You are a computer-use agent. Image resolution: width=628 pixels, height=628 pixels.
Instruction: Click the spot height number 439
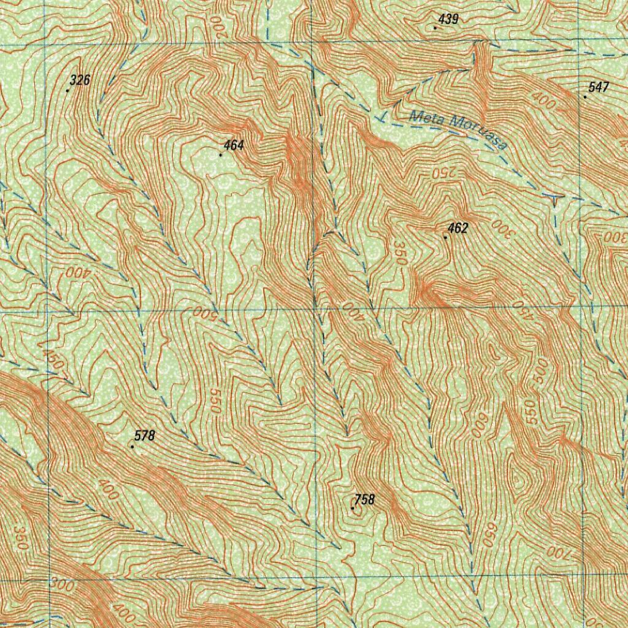coord(449,20)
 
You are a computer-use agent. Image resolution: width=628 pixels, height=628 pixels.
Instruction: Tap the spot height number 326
coord(80,80)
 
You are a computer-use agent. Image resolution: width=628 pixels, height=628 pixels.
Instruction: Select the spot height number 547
coord(598,88)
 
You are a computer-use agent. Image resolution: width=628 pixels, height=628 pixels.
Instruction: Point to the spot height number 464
coord(234,145)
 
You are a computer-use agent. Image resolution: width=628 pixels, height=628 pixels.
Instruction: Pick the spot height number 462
coord(458,229)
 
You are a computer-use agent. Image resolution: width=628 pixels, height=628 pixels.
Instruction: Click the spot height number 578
coord(145,436)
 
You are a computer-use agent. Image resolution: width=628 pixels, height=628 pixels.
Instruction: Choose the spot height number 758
coord(364,500)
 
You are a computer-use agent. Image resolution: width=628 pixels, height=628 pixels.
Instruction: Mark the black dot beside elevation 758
coord(352,508)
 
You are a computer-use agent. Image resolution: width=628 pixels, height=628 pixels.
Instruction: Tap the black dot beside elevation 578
coord(132,446)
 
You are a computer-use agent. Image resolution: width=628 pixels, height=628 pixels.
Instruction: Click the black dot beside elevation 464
coord(221,155)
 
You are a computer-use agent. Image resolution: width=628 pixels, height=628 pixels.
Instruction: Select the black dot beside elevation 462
coord(445,237)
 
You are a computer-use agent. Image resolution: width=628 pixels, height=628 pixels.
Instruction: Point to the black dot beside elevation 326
coord(67,90)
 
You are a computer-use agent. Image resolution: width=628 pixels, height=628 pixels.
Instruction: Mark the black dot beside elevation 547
coord(585,97)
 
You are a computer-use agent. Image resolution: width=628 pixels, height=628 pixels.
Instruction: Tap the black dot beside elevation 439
coord(435,28)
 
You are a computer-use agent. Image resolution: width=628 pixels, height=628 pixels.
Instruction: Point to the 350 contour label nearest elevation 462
coord(400,253)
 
